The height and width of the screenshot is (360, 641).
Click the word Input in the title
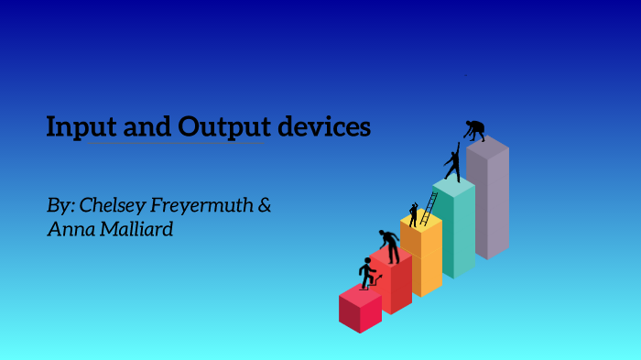pyautogui.click(x=77, y=126)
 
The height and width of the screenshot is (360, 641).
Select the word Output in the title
pyautogui.click(x=220, y=126)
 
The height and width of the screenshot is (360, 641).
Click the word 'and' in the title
pyautogui.click(x=143, y=126)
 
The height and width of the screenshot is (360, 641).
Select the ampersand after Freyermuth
pyautogui.click(x=265, y=205)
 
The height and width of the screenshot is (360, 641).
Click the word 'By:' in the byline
pyautogui.click(x=60, y=206)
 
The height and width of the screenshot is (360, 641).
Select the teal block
pyautogui.click(x=454, y=229)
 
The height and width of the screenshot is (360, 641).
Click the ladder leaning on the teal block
pyautogui.click(x=429, y=209)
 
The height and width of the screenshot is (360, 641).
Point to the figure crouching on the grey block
pyautogui.click(x=475, y=130)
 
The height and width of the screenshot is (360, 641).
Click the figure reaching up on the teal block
pyautogui.click(x=452, y=163)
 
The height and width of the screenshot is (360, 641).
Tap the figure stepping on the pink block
pyautogui.click(x=367, y=272)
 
